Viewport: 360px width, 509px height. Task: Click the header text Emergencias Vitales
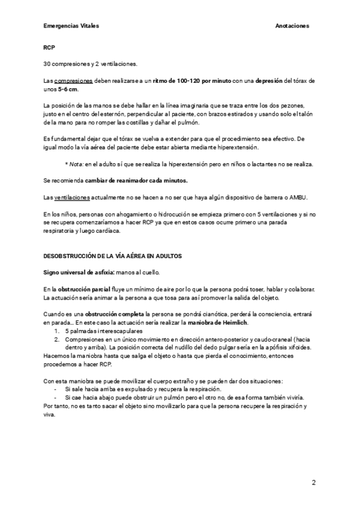[x=71, y=26]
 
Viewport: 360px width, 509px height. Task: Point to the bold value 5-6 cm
[x=67, y=88]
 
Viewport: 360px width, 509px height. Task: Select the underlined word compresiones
[x=73, y=80]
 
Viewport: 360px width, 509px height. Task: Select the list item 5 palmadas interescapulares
[x=104, y=331]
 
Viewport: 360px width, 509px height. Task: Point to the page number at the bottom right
[x=313, y=482]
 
